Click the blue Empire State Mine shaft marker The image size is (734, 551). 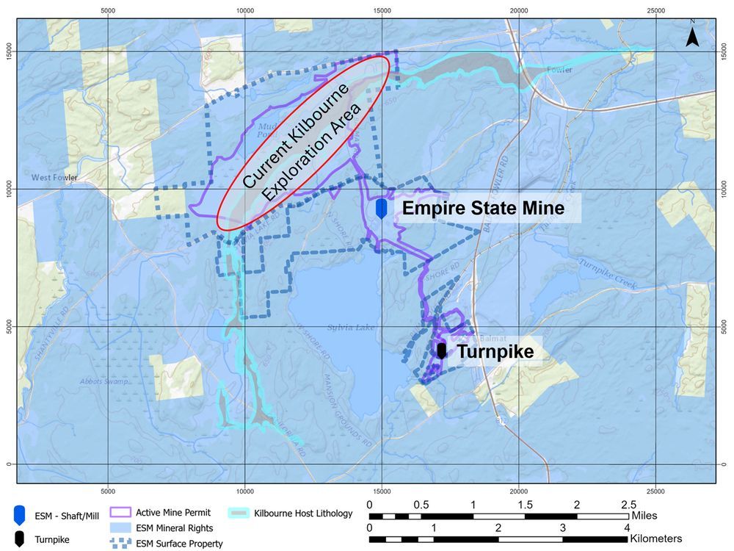point(381,209)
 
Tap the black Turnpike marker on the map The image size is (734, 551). point(441,350)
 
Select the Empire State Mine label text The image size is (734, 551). point(483,209)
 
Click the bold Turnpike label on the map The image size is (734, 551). point(495,352)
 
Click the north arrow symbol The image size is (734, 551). point(691,35)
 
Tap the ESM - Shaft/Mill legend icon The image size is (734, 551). point(20,514)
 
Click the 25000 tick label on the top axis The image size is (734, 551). point(655,10)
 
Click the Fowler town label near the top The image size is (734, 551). point(559,71)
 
